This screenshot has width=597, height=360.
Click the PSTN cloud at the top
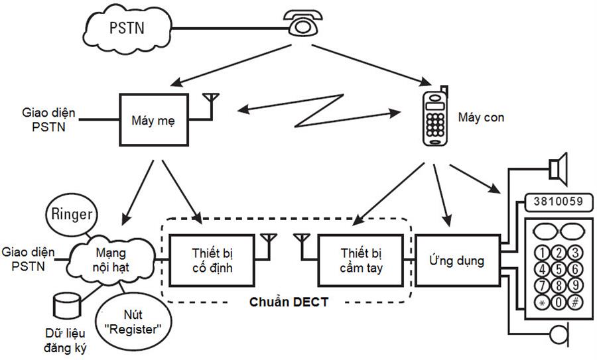[127, 27]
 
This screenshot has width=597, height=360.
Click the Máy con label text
[481, 117]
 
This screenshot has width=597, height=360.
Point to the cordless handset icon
[435, 118]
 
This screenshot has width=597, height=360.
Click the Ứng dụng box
[458, 261]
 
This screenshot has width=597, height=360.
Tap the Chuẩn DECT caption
[289, 303]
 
